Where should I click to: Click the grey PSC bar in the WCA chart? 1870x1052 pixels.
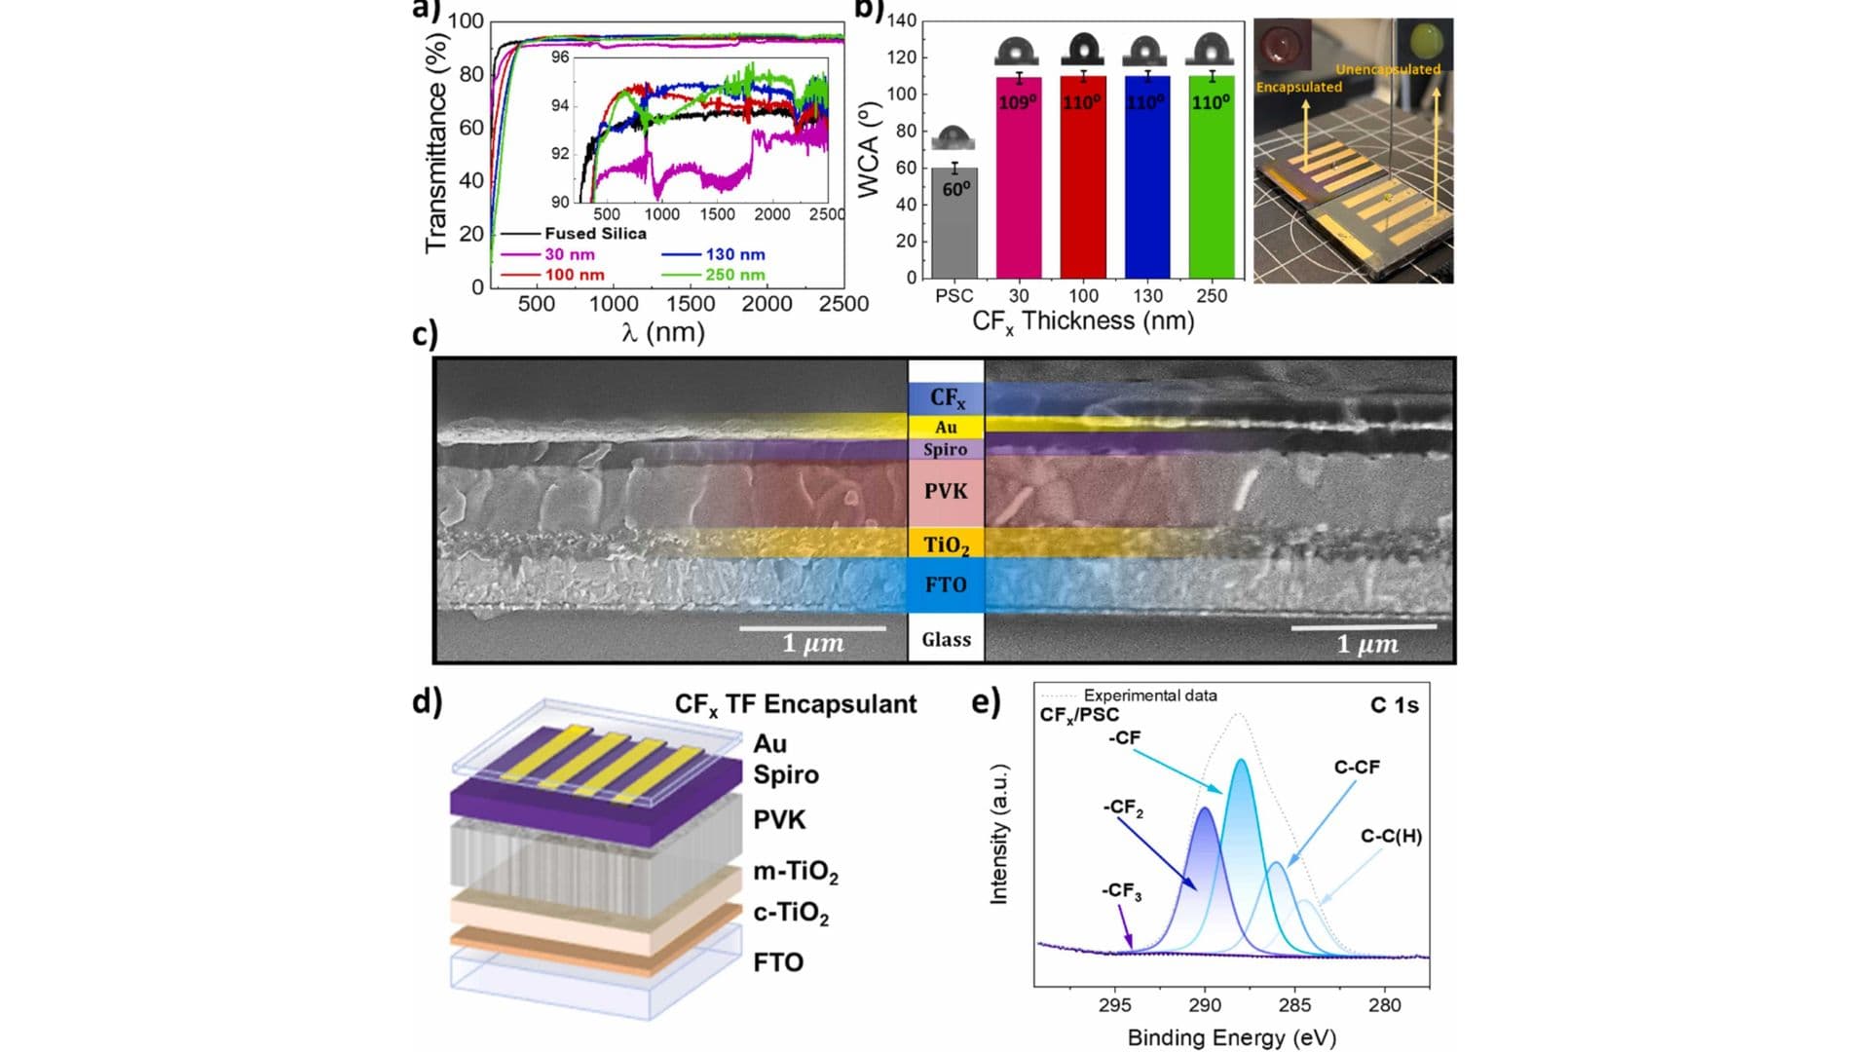pos(954,224)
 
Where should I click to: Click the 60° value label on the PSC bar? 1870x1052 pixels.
pos(956,189)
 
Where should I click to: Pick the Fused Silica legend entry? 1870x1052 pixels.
pos(595,234)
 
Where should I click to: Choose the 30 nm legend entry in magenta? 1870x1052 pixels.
pos(570,254)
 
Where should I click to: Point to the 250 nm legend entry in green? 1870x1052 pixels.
pos(735,275)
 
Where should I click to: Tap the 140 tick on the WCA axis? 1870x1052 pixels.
pos(901,20)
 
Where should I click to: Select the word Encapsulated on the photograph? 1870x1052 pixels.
pos(1298,87)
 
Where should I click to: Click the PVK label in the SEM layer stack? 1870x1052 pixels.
pos(946,491)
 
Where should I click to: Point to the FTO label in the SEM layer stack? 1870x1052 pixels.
pos(946,584)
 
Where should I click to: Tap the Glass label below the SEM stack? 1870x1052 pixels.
pos(946,640)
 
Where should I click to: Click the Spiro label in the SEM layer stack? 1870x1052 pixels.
pos(946,449)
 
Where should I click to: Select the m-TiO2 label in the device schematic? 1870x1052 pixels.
pos(796,871)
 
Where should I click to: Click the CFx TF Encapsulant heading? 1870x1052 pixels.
pos(796,704)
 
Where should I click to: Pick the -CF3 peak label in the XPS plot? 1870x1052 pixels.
pos(1121,890)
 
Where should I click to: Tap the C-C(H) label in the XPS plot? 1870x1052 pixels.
pos(1391,836)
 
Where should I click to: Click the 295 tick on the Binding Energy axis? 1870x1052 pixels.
pos(1115,1004)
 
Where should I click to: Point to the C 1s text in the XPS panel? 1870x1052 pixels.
pos(1394,705)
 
